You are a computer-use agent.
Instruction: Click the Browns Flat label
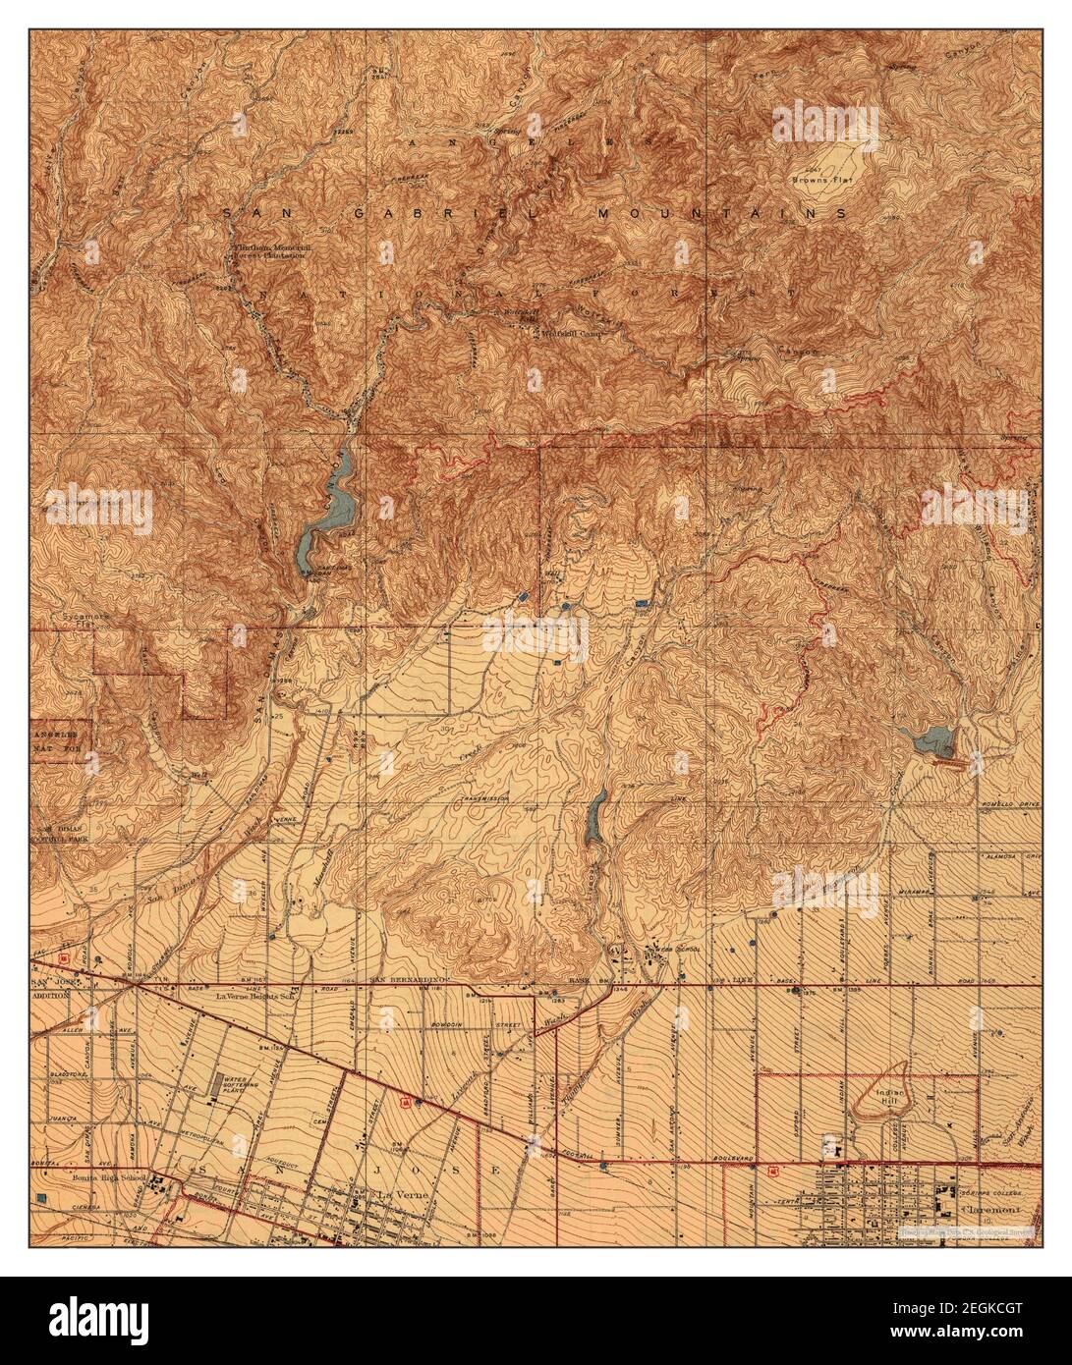pos(823,180)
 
